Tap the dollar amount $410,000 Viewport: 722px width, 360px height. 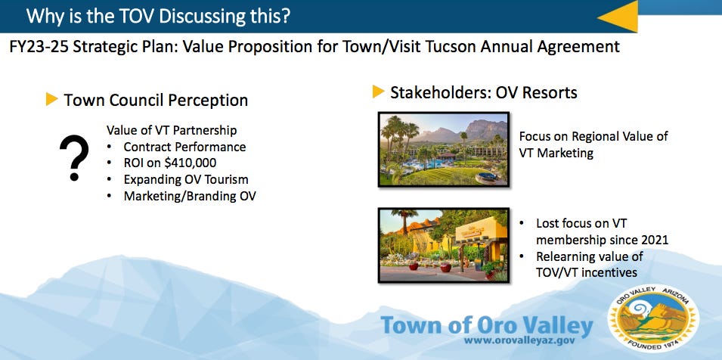[191, 163]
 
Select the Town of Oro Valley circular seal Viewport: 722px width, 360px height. [653, 318]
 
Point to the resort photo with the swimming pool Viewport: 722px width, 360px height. [444, 149]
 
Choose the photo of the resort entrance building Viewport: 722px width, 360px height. [444, 245]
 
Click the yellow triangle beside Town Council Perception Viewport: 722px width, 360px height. [51, 99]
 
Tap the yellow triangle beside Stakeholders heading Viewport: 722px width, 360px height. [379, 92]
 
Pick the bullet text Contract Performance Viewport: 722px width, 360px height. [184, 147]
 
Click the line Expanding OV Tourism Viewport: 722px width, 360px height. [186, 179]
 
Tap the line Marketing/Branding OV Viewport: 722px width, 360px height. [190, 196]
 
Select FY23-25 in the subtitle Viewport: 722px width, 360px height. [39, 46]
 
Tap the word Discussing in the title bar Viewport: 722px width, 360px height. [198, 16]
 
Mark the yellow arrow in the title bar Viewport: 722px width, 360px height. [618, 17]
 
